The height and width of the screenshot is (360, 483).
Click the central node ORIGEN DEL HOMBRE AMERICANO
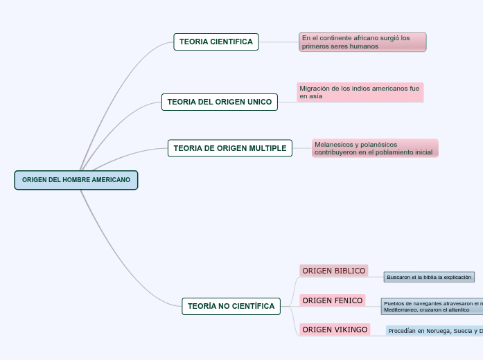pyautogui.click(x=76, y=180)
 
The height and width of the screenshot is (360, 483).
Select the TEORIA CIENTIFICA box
pyautogui.click(x=216, y=42)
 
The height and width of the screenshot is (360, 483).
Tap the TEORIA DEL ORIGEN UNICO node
pyautogui.click(x=220, y=102)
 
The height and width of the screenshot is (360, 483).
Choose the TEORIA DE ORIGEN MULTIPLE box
pyautogui.click(x=230, y=148)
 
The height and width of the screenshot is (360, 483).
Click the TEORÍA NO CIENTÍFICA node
pyautogui.click(x=231, y=306)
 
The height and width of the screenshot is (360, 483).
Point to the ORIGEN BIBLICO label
pyautogui.click(x=333, y=271)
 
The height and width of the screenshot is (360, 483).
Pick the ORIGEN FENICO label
pyautogui.click(x=333, y=300)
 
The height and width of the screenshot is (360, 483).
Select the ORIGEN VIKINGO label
pyautogui.click(x=335, y=330)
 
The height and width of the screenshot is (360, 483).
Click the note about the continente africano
pyautogui.click(x=363, y=42)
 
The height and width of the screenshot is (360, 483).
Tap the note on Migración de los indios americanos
pyautogui.click(x=360, y=92)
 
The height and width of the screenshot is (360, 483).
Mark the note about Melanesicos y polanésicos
pyautogui.click(x=375, y=148)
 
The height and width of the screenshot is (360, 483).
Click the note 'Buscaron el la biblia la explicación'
pyautogui.click(x=429, y=277)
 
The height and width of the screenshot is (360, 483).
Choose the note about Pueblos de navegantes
pyautogui.click(x=432, y=306)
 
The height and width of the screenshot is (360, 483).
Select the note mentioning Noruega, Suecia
pyautogui.click(x=434, y=331)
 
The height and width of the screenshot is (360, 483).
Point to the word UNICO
pyautogui.click(x=260, y=102)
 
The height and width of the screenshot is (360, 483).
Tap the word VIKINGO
pyautogui.click(x=351, y=330)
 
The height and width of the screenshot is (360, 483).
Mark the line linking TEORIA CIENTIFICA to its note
pyautogui.click(x=279, y=42)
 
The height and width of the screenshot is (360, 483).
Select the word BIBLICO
pyautogui.click(x=349, y=271)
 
